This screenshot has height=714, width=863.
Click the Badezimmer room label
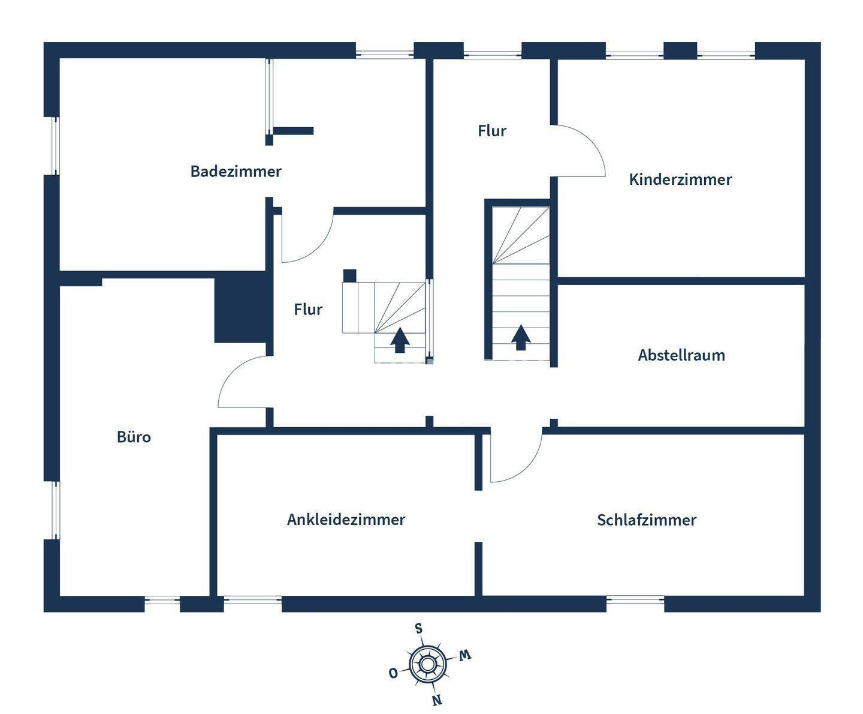coord(236,172)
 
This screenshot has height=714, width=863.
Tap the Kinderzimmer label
coord(680,179)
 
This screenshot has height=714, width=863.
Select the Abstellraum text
coord(681,355)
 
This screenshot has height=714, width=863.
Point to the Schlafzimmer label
coord(646,520)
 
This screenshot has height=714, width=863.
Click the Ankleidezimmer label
coord(346,520)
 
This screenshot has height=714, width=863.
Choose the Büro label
coord(134,437)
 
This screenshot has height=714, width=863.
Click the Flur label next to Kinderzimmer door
coord(492,131)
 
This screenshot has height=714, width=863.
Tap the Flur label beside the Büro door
coord(308,310)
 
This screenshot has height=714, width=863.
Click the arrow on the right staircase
coord(521,337)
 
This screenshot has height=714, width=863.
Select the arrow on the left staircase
coord(400,340)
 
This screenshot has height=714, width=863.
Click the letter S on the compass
coord(419,629)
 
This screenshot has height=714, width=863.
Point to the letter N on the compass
coord(437,700)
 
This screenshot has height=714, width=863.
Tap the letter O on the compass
coord(393,673)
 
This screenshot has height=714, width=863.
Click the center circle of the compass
coord(427,664)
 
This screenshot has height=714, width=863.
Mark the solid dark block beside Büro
coord(240,307)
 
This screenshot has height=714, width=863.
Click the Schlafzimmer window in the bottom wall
coord(635,599)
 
